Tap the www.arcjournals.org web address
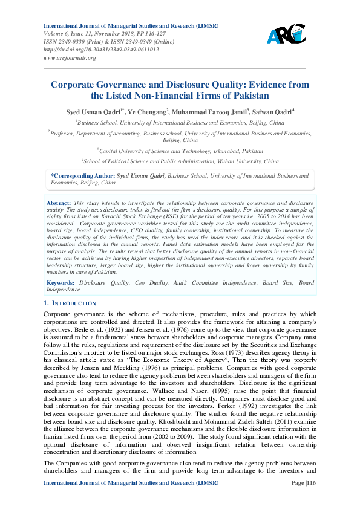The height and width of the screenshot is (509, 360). (x=70, y=57)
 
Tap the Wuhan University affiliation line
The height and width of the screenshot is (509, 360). (x=180, y=161)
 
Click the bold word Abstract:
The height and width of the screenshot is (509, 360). (x=59, y=203)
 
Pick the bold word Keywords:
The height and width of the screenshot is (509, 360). (x=61, y=283)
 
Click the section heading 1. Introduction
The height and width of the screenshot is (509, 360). (x=70, y=303)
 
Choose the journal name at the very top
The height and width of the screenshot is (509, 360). (x=131, y=26)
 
